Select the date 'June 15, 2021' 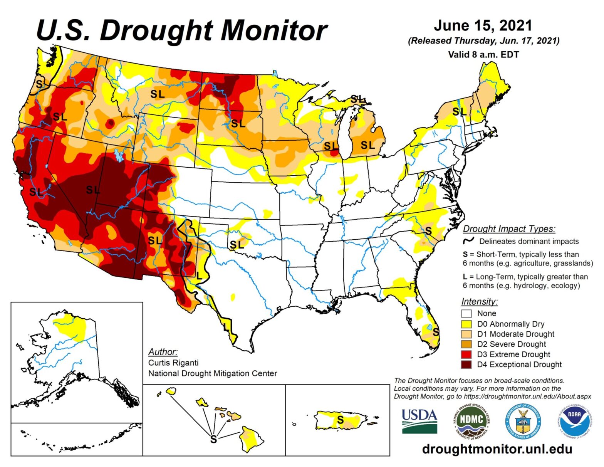(483, 25)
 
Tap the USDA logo (419, 421)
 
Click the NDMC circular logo (471, 422)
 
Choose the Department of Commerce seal (523, 422)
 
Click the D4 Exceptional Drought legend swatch (466, 365)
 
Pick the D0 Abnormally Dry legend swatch (466, 324)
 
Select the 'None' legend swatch (466, 314)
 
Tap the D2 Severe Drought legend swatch (466, 344)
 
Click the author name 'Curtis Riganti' (173, 363)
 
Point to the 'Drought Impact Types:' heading (509, 229)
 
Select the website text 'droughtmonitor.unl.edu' (497, 449)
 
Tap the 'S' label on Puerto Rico (341, 420)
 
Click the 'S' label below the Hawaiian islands (213, 439)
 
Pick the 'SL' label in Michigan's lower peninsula (367, 145)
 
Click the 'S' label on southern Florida (436, 332)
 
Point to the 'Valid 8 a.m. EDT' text (483, 55)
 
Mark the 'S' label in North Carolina (428, 231)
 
